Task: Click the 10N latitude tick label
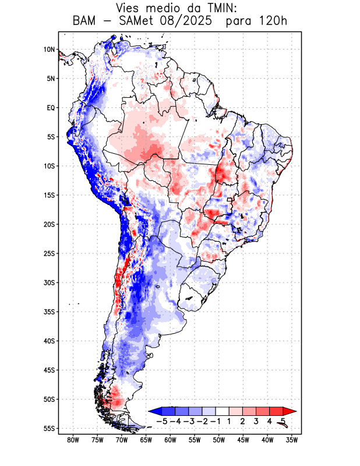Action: (49, 50)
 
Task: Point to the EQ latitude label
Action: (51, 108)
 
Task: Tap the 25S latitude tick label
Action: (49, 253)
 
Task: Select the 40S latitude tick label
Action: (49, 341)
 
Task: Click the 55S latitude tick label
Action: (49, 428)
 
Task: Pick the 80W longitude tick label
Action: (73, 440)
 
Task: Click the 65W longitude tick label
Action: (146, 440)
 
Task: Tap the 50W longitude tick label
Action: (219, 440)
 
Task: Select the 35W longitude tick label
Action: (292, 440)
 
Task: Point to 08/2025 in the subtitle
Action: (199, 22)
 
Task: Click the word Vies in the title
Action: (130, 8)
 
